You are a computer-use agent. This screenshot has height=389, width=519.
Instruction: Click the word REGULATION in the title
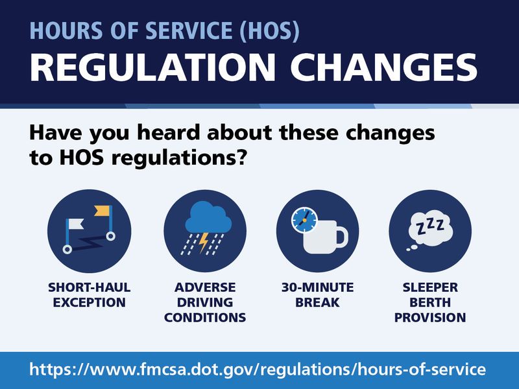152,67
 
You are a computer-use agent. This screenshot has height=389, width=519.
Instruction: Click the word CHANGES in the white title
383,67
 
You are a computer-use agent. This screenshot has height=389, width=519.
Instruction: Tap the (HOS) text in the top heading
269,30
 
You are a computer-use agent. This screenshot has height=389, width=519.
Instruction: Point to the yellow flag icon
102,210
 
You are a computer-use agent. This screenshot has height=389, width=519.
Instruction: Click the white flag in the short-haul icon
76,224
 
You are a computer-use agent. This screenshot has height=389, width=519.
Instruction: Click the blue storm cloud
208,217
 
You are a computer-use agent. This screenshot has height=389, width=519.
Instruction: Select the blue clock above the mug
304,220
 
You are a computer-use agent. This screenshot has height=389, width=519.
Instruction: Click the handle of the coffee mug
343,237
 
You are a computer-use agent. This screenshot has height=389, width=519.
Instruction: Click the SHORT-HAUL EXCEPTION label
90,295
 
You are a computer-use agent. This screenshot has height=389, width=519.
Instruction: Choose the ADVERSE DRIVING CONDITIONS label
205,302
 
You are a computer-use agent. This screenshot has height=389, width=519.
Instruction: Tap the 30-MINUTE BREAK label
317,295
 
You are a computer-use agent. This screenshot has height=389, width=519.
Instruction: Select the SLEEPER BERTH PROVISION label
430,302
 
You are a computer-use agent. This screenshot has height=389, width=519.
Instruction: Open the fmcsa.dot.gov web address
258,370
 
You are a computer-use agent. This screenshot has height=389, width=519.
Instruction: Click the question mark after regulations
241,157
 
